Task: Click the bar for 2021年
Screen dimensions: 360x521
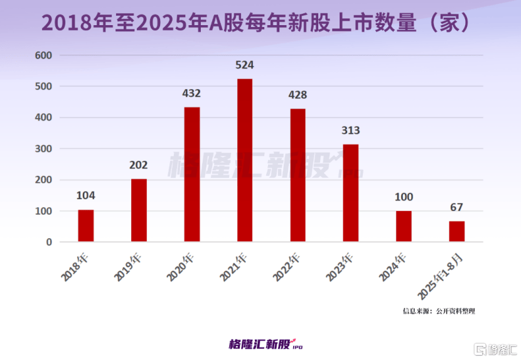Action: [x=245, y=160]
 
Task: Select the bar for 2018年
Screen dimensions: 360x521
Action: [x=86, y=226]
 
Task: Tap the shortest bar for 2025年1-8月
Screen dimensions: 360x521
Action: [x=456, y=231]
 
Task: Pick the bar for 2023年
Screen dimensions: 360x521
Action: [x=350, y=193]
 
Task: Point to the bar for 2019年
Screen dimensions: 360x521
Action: [x=139, y=210]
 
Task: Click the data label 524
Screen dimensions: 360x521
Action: [x=245, y=65]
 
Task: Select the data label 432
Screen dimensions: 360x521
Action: [x=191, y=94]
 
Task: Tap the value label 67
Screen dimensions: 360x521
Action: [x=456, y=207]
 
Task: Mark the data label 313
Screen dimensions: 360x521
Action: [x=350, y=131]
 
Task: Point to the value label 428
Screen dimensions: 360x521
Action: [x=298, y=95]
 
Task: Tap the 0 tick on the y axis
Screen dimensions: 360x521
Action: [x=49, y=242]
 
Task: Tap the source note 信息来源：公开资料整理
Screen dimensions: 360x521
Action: [x=439, y=310]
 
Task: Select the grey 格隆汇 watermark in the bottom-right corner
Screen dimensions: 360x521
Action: [x=495, y=348]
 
